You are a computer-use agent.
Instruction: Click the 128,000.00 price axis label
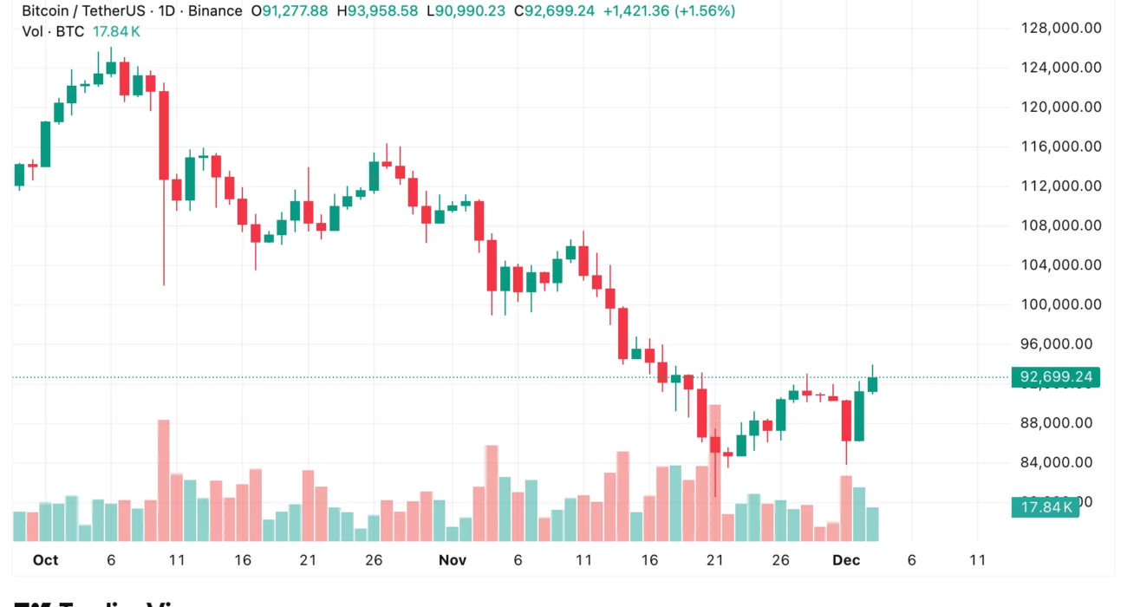[x=1061, y=28]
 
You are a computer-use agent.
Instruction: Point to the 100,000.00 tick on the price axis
[x=1061, y=304]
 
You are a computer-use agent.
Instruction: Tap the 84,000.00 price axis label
[x=1061, y=462]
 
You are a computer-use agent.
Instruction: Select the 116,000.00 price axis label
[x=1061, y=147]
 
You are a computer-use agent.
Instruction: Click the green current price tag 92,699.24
[x=1055, y=377]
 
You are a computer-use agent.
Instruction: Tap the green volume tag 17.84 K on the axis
[x=1046, y=507]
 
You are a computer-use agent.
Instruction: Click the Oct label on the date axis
[x=45, y=560]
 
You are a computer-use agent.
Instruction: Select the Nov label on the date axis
[x=452, y=560]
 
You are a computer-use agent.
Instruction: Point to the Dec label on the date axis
[x=846, y=560]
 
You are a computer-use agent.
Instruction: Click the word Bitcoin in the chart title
[x=47, y=11]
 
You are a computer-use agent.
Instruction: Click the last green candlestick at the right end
[x=872, y=384]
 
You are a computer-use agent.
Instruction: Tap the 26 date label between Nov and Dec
[x=781, y=560]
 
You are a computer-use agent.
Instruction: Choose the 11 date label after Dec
[x=977, y=560]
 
